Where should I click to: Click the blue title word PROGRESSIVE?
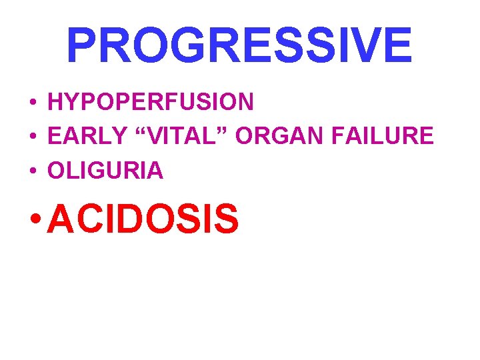[x=239, y=45]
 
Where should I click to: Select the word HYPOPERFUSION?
[x=151, y=102]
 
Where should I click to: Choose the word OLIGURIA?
[x=105, y=171]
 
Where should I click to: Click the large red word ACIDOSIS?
[x=143, y=219]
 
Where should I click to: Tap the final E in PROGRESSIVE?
[x=396, y=45]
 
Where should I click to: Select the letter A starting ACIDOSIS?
[x=62, y=219]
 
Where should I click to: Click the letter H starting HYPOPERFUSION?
[x=55, y=102]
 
